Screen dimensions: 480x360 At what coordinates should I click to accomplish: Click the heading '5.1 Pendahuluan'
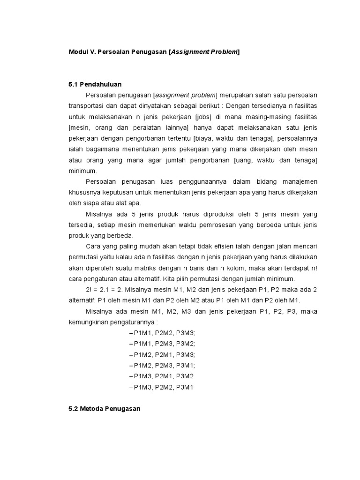pyautogui.click(x=95, y=84)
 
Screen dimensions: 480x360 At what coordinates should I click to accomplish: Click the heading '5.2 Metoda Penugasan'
pyautogui.click(x=104, y=409)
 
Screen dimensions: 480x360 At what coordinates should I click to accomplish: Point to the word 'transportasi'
pyautogui.click(x=84, y=106)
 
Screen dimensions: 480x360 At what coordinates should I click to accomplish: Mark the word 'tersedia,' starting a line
pyautogui.click(x=81, y=225)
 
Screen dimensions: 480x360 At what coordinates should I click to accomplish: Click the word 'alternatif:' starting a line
pyautogui.click(x=82, y=300)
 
